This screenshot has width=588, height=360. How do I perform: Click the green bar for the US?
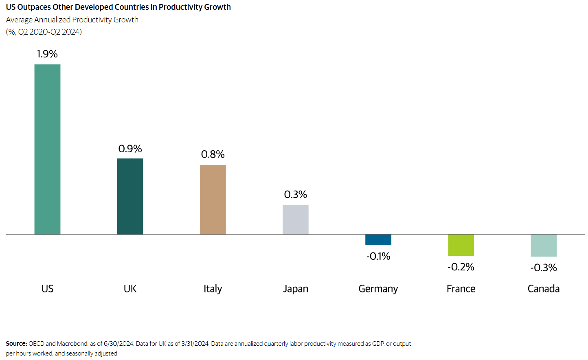(x=47, y=149)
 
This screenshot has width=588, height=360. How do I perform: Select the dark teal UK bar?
(x=130, y=196)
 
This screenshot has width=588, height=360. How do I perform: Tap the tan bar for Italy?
(x=213, y=200)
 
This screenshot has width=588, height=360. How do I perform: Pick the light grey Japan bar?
(x=295, y=220)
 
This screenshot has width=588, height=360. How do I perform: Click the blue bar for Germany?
(x=378, y=239)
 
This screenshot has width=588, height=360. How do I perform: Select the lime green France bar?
(x=461, y=245)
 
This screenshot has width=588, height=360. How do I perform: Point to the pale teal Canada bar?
(x=543, y=245)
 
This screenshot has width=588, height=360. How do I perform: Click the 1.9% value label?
(x=47, y=54)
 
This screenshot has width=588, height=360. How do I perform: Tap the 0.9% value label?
(x=130, y=149)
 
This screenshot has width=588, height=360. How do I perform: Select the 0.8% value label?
(x=213, y=154)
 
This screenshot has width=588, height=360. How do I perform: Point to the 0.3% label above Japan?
(x=295, y=194)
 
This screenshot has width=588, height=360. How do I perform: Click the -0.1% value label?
(x=378, y=256)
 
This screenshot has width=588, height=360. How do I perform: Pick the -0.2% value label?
(x=461, y=267)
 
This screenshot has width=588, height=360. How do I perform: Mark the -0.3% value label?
(x=544, y=268)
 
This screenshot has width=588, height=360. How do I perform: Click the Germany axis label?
(x=378, y=289)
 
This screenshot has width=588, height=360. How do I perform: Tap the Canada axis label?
(x=543, y=289)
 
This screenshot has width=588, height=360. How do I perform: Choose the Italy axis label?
(x=213, y=289)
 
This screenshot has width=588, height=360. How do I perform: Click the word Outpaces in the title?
(x=34, y=7)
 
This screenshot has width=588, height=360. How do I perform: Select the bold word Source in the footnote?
(x=16, y=344)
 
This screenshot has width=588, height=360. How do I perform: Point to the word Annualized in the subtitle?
(x=53, y=20)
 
